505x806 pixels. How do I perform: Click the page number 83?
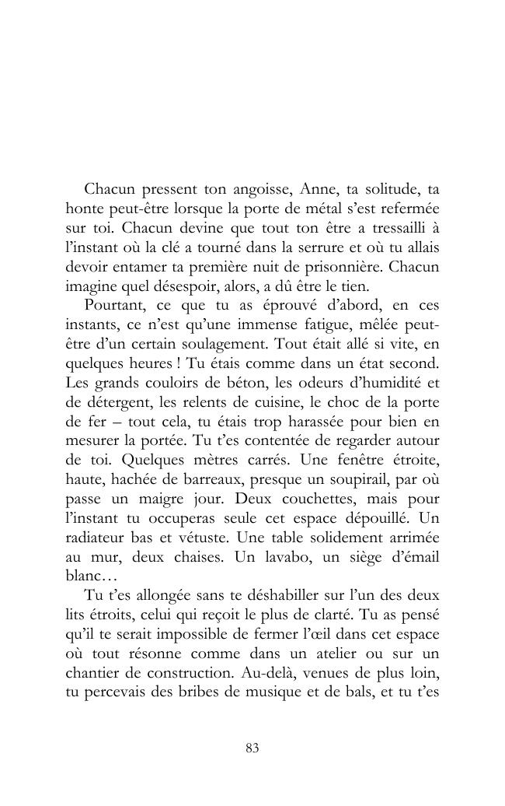[252, 748]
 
